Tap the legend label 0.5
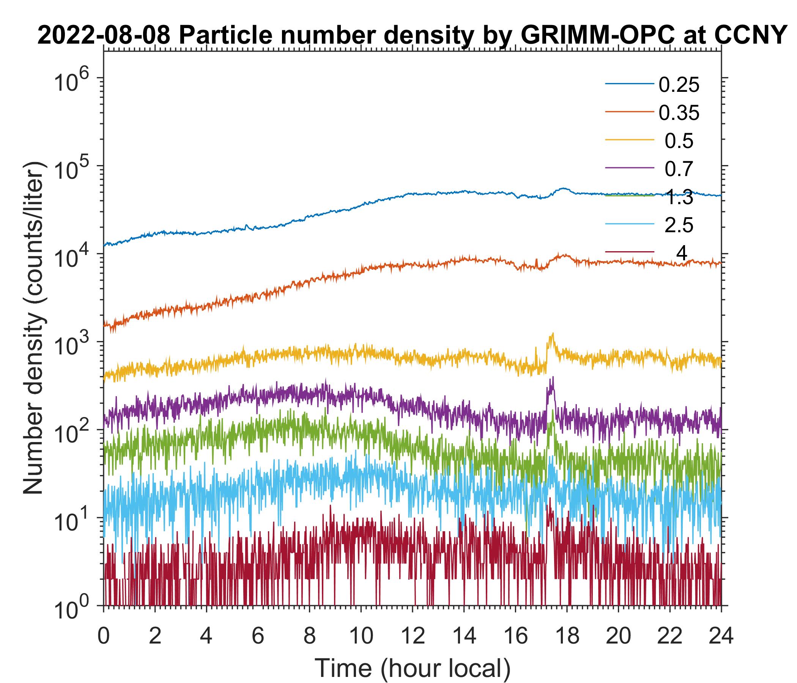[x=679, y=141]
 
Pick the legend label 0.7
[x=679, y=169]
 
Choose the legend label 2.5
[x=679, y=226]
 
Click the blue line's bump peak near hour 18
[x=564, y=189]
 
